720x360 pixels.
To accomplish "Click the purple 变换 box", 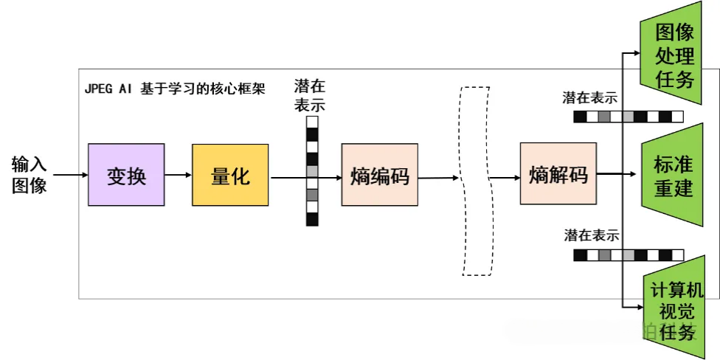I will (126, 175).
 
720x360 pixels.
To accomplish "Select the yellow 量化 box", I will (230, 175).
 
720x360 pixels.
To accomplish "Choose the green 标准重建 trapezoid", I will (674, 175).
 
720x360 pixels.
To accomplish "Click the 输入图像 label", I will (30, 175).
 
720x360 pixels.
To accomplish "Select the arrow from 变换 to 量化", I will (178, 175).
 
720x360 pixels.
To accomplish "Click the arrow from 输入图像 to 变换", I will (71, 175).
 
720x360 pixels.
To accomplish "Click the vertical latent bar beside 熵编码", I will (312, 170).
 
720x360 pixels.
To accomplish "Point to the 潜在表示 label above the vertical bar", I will (309, 95).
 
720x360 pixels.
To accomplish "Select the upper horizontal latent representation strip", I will (628, 116).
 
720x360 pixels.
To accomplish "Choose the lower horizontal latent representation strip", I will (628, 255).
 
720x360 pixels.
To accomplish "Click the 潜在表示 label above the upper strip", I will (589, 97).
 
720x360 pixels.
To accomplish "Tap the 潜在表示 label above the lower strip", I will (591, 236).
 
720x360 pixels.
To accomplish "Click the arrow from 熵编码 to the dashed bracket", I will (437, 177).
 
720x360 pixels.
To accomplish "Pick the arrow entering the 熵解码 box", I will (505, 177).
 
